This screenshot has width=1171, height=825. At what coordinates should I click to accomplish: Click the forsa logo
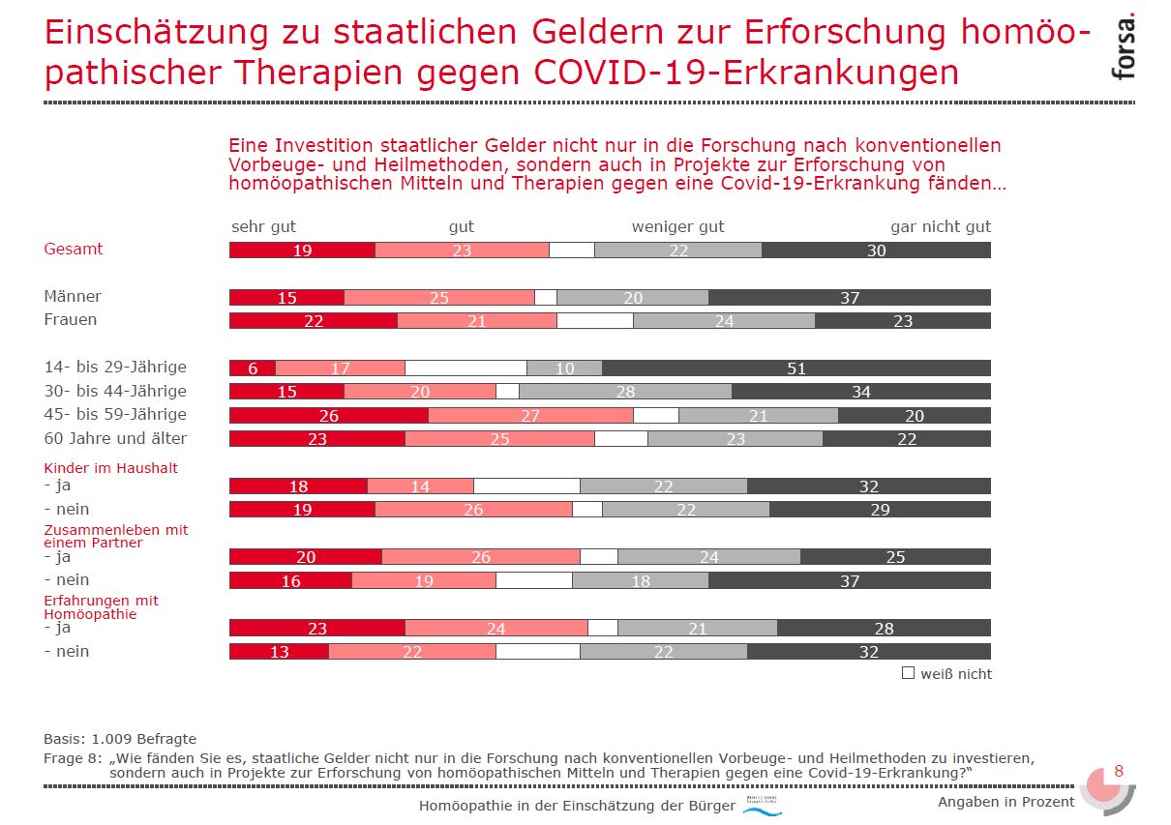coord(1123,48)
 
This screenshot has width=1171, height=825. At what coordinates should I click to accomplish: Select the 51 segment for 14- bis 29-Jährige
coord(796,368)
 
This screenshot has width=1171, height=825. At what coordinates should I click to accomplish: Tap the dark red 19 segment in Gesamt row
coord(302,250)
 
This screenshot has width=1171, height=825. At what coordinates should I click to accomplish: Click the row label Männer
coord(73,296)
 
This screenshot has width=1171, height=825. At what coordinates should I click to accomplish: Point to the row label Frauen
coord(71,319)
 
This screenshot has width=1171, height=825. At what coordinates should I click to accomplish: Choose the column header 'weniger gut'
coord(677,226)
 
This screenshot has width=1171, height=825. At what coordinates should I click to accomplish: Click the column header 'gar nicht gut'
coord(940,226)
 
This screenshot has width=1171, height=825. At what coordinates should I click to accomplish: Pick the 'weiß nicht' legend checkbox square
coord(908,672)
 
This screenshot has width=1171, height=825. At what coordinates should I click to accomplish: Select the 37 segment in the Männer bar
coord(849,297)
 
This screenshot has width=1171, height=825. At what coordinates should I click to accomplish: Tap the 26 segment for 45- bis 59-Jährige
coord(329,415)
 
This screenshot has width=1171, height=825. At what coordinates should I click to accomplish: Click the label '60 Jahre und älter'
coord(115,438)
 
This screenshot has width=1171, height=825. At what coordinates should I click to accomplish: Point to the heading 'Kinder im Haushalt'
coord(110,468)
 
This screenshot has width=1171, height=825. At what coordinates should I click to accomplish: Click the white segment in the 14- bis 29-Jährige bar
coord(465,368)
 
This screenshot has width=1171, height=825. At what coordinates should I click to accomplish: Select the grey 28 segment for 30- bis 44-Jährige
coord(625,391)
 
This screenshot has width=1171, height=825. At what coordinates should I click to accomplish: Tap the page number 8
coord(1119,771)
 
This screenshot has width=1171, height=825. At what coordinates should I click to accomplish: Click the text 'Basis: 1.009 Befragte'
coord(120,739)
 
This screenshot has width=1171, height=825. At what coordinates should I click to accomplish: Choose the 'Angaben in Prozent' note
coord(1006,802)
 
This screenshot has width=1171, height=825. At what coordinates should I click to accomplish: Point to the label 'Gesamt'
coord(73,249)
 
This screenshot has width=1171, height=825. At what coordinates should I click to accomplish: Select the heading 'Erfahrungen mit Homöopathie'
coord(101,606)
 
